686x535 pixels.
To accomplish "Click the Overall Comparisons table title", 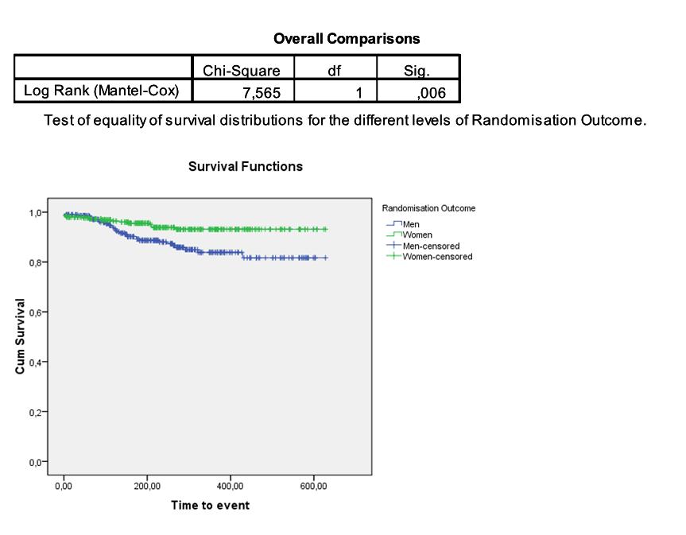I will (347, 38).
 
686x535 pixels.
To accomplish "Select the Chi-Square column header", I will (242, 71).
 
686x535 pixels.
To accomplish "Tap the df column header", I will (335, 71).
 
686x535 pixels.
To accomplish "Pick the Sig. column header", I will (417, 71).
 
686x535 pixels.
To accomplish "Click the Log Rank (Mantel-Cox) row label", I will (102, 91).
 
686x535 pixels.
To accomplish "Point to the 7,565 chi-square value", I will (262, 93).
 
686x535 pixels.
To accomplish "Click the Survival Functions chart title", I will (245, 167).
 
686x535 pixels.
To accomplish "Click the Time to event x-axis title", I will (210, 506).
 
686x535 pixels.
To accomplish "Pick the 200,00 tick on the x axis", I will (147, 487).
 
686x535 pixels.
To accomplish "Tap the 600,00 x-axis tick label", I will (313, 487).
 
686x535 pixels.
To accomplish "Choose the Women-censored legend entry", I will (436, 257).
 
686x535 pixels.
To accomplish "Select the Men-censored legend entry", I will (431, 246).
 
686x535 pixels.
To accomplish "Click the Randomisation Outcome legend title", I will (428, 208).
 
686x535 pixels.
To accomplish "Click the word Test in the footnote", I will (58, 121).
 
